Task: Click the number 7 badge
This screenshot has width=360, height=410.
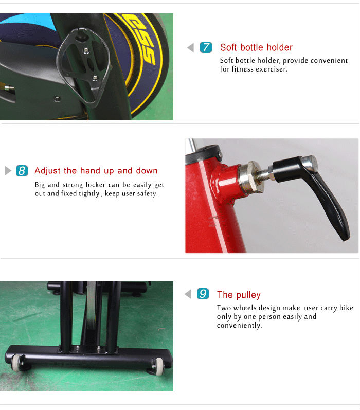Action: (x=206, y=48)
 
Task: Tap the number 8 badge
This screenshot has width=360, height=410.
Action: (x=22, y=171)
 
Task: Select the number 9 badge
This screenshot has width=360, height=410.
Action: (x=203, y=294)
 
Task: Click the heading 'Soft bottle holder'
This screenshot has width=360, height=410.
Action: (x=256, y=47)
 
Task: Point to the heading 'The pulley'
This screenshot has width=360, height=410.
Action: (x=239, y=295)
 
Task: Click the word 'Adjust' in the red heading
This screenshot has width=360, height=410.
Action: (x=48, y=171)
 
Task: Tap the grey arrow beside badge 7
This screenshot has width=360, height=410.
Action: (x=190, y=48)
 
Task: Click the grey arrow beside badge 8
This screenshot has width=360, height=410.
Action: (x=8, y=171)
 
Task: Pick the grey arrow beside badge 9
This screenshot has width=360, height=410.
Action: (x=188, y=294)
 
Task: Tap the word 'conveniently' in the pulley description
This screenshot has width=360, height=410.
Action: (x=239, y=325)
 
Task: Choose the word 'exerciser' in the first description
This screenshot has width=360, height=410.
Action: (x=271, y=69)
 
